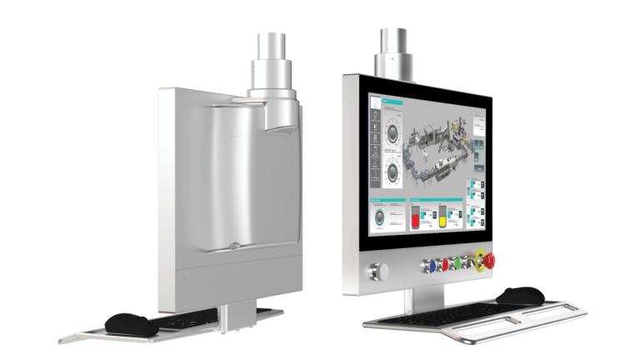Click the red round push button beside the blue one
click(444, 264)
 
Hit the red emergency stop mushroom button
click(490, 262)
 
